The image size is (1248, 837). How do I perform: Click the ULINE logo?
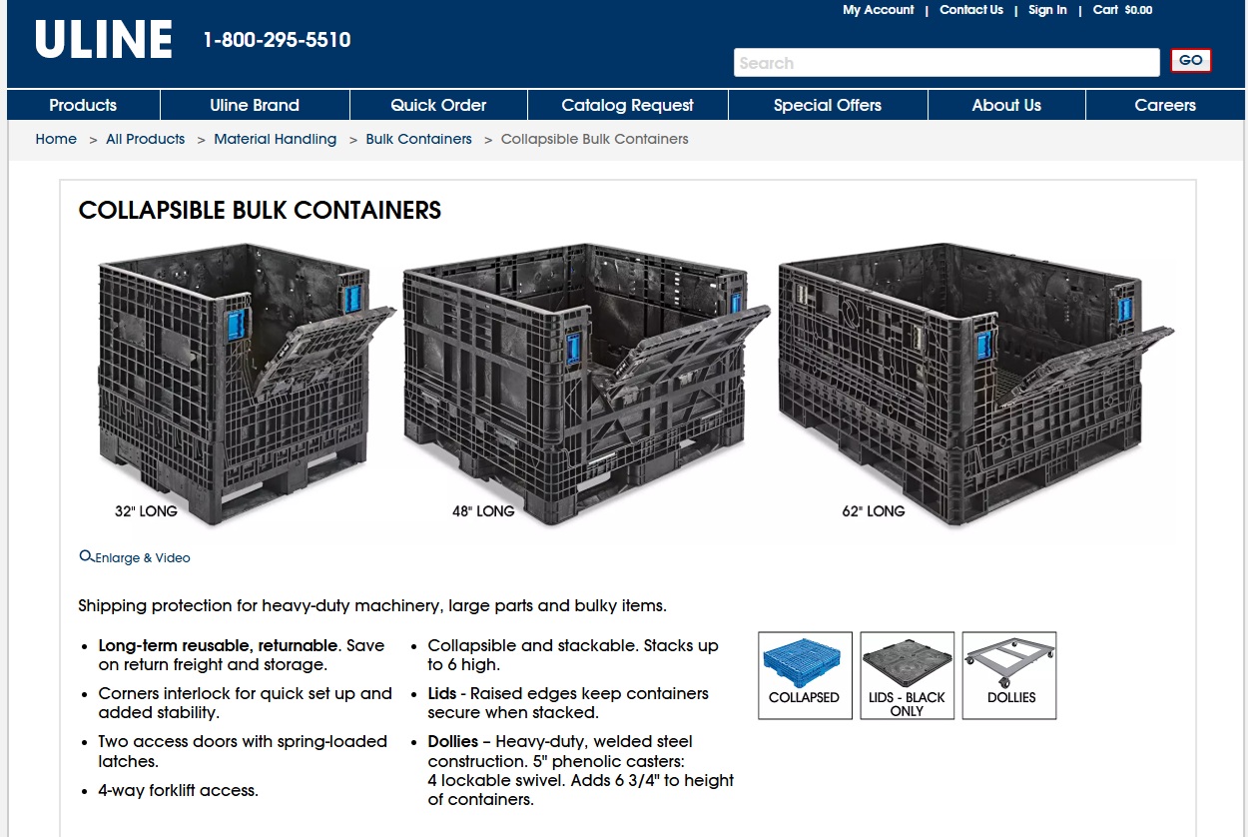[104, 40]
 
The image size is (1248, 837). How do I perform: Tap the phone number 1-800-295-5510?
[277, 40]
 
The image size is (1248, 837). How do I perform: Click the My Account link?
[878, 10]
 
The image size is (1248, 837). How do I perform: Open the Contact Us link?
[970, 10]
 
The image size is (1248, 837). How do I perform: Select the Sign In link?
[1047, 10]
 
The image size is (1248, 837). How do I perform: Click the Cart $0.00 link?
[1122, 10]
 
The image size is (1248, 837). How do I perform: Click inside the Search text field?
[945, 63]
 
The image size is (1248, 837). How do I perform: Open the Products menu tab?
[83, 105]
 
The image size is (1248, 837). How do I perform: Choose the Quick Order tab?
[438, 105]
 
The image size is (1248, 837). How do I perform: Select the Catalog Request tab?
[627, 105]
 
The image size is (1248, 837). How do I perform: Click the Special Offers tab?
[827, 105]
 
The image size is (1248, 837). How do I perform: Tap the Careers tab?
[1164, 105]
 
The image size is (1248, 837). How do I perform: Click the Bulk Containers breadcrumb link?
[418, 139]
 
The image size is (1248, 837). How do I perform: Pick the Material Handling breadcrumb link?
[275, 139]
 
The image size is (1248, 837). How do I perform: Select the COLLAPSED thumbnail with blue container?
[805, 675]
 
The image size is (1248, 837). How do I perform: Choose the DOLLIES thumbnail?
[1009, 675]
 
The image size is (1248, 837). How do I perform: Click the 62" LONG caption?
[873, 511]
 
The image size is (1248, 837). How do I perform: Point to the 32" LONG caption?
[146, 511]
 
